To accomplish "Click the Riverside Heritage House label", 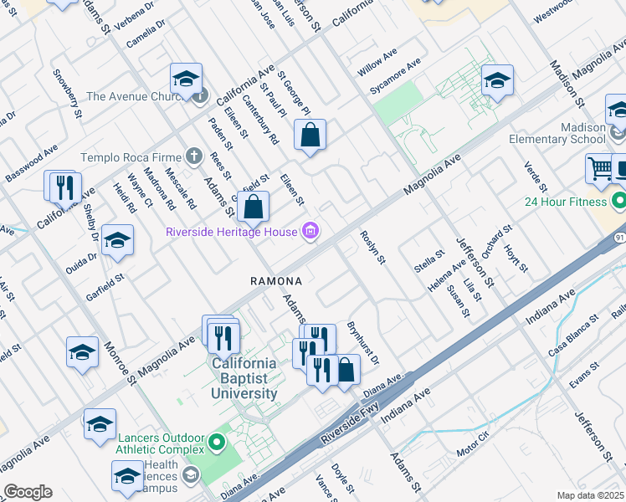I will [233, 232].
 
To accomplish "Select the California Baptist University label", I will [244, 378].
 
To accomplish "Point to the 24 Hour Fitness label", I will [565, 202].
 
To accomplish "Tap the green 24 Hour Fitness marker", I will [618, 202].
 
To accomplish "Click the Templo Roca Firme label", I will [131, 156].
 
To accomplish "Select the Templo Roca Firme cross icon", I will [194, 156].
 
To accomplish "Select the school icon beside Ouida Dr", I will [117, 239].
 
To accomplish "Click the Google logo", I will [28, 492].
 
